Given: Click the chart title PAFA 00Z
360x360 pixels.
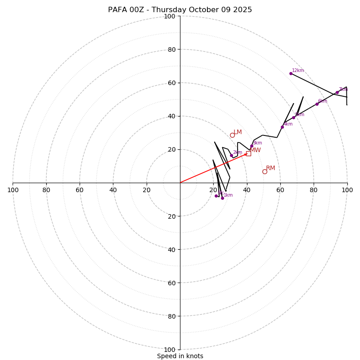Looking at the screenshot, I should point(180,10).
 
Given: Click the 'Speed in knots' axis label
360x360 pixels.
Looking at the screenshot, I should point(180,356).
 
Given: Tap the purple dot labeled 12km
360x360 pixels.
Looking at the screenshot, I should point(291,73).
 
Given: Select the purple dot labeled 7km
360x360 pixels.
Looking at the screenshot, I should point(337,92).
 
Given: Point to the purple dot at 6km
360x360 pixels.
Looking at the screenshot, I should point(317,104).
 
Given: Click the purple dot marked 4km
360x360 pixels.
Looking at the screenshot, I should point(282,127).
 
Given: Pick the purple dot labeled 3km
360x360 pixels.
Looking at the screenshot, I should point(252,146).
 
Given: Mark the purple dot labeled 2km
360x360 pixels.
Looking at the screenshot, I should point(231,155).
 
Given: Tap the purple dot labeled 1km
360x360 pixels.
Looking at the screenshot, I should point(222,198).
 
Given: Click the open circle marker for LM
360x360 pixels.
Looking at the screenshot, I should point(232,135).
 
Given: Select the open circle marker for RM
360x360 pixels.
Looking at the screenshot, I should point(265,171).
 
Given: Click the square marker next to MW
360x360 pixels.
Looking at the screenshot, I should point(248,153).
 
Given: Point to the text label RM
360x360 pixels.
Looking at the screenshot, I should point(270,168).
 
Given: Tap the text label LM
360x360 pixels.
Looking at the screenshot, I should point(238,132).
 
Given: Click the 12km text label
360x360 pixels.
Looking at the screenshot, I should point(298,71).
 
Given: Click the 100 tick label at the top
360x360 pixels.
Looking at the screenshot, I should point(170,16).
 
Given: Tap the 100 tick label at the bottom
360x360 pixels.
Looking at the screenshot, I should point(170,350).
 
